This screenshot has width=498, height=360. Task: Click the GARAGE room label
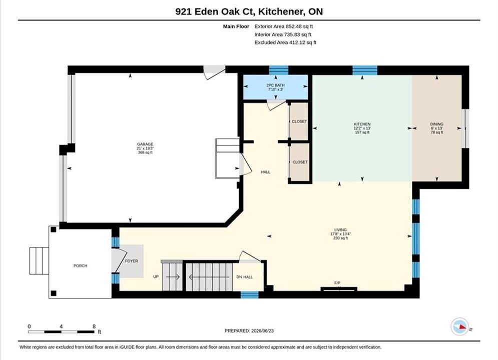[145, 144]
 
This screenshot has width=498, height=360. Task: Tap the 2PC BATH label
[275, 85]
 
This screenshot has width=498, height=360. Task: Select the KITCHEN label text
[362, 124]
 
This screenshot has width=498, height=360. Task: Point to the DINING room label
[437, 124]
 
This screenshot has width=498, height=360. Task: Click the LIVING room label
[340, 229]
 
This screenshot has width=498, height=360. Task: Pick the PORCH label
[80, 266]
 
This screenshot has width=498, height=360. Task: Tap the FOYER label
[132, 261]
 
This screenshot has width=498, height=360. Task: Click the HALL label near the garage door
[265, 172]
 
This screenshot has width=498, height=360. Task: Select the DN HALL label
[245, 277]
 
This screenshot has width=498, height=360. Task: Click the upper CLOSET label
[299, 121]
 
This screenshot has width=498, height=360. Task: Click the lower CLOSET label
[300, 162]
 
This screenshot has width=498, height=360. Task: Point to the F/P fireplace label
[337, 282]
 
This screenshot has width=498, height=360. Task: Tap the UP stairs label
[156, 276]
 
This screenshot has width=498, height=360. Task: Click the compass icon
[459, 326]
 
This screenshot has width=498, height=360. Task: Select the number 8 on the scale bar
[94, 326]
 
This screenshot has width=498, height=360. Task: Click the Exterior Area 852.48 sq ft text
[284, 26]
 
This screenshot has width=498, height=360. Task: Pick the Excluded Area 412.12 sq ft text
[285, 42]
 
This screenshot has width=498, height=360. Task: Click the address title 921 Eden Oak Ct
[215, 11]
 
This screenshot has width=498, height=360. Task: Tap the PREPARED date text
[249, 330]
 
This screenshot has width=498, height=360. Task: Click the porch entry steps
[39, 260]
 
